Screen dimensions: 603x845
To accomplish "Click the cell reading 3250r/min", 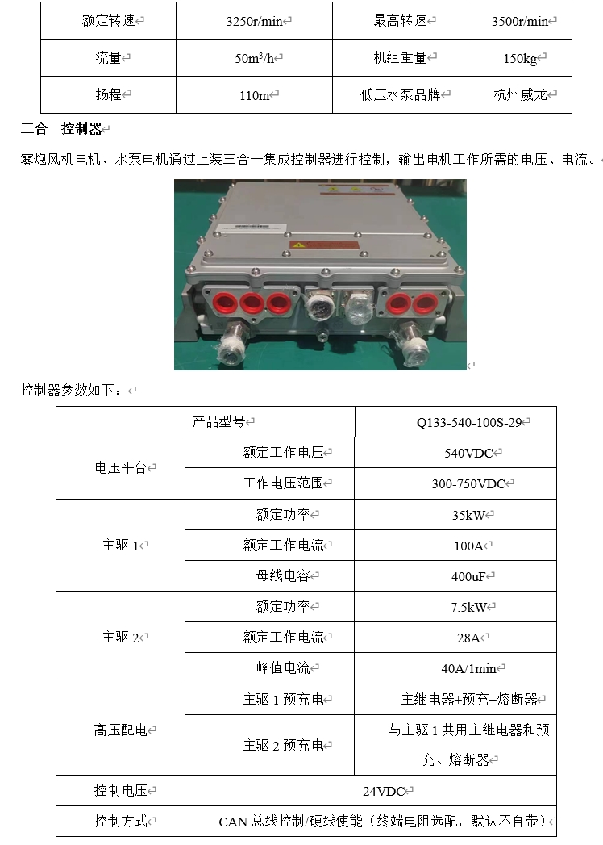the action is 254,22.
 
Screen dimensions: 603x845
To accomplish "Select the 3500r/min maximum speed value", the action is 519,22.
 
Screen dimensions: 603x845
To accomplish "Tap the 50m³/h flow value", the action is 254,58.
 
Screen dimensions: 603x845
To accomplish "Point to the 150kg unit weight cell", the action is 520,59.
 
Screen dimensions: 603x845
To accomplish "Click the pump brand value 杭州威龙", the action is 520,95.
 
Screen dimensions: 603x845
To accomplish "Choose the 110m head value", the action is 254,95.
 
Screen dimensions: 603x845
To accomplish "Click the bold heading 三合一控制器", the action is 61,129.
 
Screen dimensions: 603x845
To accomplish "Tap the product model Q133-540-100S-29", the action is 469,423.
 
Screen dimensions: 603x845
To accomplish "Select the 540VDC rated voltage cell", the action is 468,454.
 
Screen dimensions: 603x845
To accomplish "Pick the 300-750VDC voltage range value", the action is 468,484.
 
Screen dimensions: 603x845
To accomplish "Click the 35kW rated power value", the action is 468,515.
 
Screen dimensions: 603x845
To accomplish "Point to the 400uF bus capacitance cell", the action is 468,576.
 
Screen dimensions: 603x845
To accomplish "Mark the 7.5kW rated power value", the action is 468,608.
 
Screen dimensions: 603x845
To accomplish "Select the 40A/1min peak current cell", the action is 468,669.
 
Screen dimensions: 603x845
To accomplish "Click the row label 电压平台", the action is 121,468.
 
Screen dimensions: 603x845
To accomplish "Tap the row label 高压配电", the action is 121,730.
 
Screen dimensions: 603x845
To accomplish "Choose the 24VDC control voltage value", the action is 384,791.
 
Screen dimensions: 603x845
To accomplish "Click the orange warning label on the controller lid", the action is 324,245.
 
